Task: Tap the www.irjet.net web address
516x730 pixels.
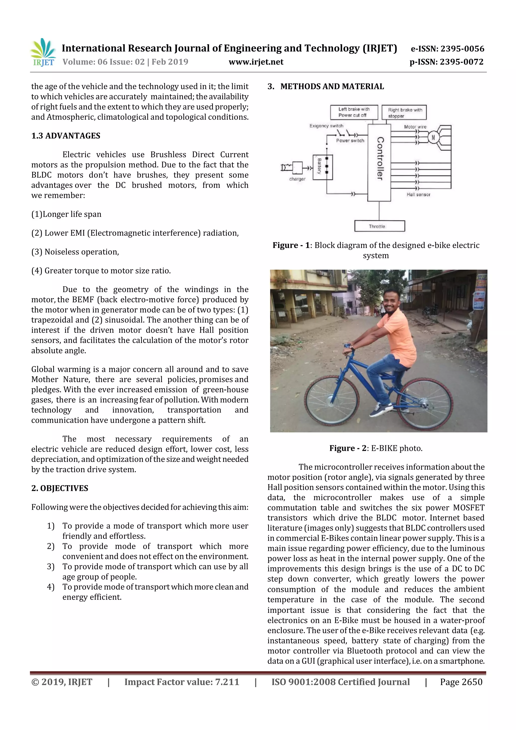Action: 256,62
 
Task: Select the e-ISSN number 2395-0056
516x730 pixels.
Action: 447,49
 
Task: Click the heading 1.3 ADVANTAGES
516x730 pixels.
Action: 66,136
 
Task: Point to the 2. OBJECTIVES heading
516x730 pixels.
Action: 59,488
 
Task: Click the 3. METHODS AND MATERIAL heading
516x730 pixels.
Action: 326,86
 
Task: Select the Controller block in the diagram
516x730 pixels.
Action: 379,163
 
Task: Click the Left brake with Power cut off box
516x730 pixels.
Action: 353,112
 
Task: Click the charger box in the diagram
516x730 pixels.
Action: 297,168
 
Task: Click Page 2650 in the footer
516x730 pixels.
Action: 461,682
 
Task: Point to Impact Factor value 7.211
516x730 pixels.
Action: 182,682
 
